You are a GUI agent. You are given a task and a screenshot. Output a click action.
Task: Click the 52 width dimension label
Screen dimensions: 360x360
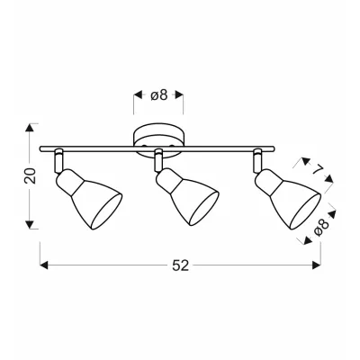(x=180, y=265)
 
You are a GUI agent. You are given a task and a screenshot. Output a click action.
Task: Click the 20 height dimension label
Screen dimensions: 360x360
(x=31, y=175)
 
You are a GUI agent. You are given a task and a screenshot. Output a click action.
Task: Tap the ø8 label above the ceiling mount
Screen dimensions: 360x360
(x=158, y=95)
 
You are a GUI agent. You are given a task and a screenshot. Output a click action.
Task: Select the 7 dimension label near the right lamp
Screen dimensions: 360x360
(x=316, y=171)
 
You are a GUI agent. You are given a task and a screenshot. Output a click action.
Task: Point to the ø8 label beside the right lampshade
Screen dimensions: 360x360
(x=321, y=227)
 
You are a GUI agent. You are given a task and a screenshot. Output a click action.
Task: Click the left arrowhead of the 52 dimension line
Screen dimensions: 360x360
(x=44, y=265)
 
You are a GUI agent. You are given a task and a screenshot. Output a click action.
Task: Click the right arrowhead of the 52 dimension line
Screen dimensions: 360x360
(x=317, y=265)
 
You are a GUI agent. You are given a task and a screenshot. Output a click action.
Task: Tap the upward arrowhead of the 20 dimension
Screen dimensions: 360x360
(x=29, y=128)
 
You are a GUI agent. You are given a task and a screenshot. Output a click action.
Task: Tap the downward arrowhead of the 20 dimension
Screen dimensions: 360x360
(x=29, y=224)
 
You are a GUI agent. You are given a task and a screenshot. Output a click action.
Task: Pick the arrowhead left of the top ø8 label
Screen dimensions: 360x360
(x=138, y=95)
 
